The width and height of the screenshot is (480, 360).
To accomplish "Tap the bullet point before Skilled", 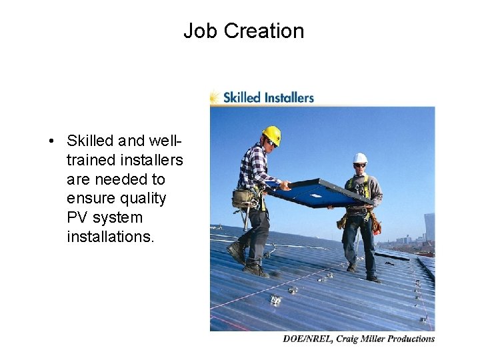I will [x=51, y=141].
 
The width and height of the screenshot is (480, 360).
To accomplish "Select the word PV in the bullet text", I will [x=77, y=218].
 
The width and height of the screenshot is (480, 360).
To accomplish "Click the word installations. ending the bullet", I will [x=111, y=237].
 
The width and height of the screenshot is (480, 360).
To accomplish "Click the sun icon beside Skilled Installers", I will [x=215, y=97].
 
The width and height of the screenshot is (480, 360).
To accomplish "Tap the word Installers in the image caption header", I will [x=287, y=97].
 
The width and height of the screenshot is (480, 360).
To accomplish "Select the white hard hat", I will [x=360, y=158].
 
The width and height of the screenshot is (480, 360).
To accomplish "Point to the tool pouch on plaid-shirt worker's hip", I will [x=242, y=197].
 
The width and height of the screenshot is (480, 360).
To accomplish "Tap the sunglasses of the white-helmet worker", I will [x=359, y=165].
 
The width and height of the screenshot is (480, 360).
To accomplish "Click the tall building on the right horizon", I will [x=429, y=227].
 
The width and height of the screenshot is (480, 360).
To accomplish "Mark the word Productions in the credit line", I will [x=411, y=339].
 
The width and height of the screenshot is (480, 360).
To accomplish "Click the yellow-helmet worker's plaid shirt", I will [x=253, y=167].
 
